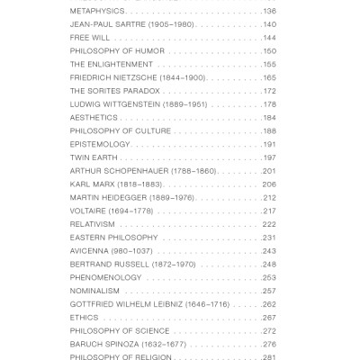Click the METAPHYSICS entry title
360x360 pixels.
[96, 11]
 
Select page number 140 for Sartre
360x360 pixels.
[269, 24]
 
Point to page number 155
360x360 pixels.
[269, 64]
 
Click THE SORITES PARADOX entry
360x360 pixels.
[114, 91]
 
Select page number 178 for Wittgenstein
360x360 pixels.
[269, 104]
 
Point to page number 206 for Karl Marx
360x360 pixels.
[269, 184]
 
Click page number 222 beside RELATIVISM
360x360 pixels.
[269, 224]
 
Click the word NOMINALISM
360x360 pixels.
[95, 291]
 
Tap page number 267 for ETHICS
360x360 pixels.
[269, 317]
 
